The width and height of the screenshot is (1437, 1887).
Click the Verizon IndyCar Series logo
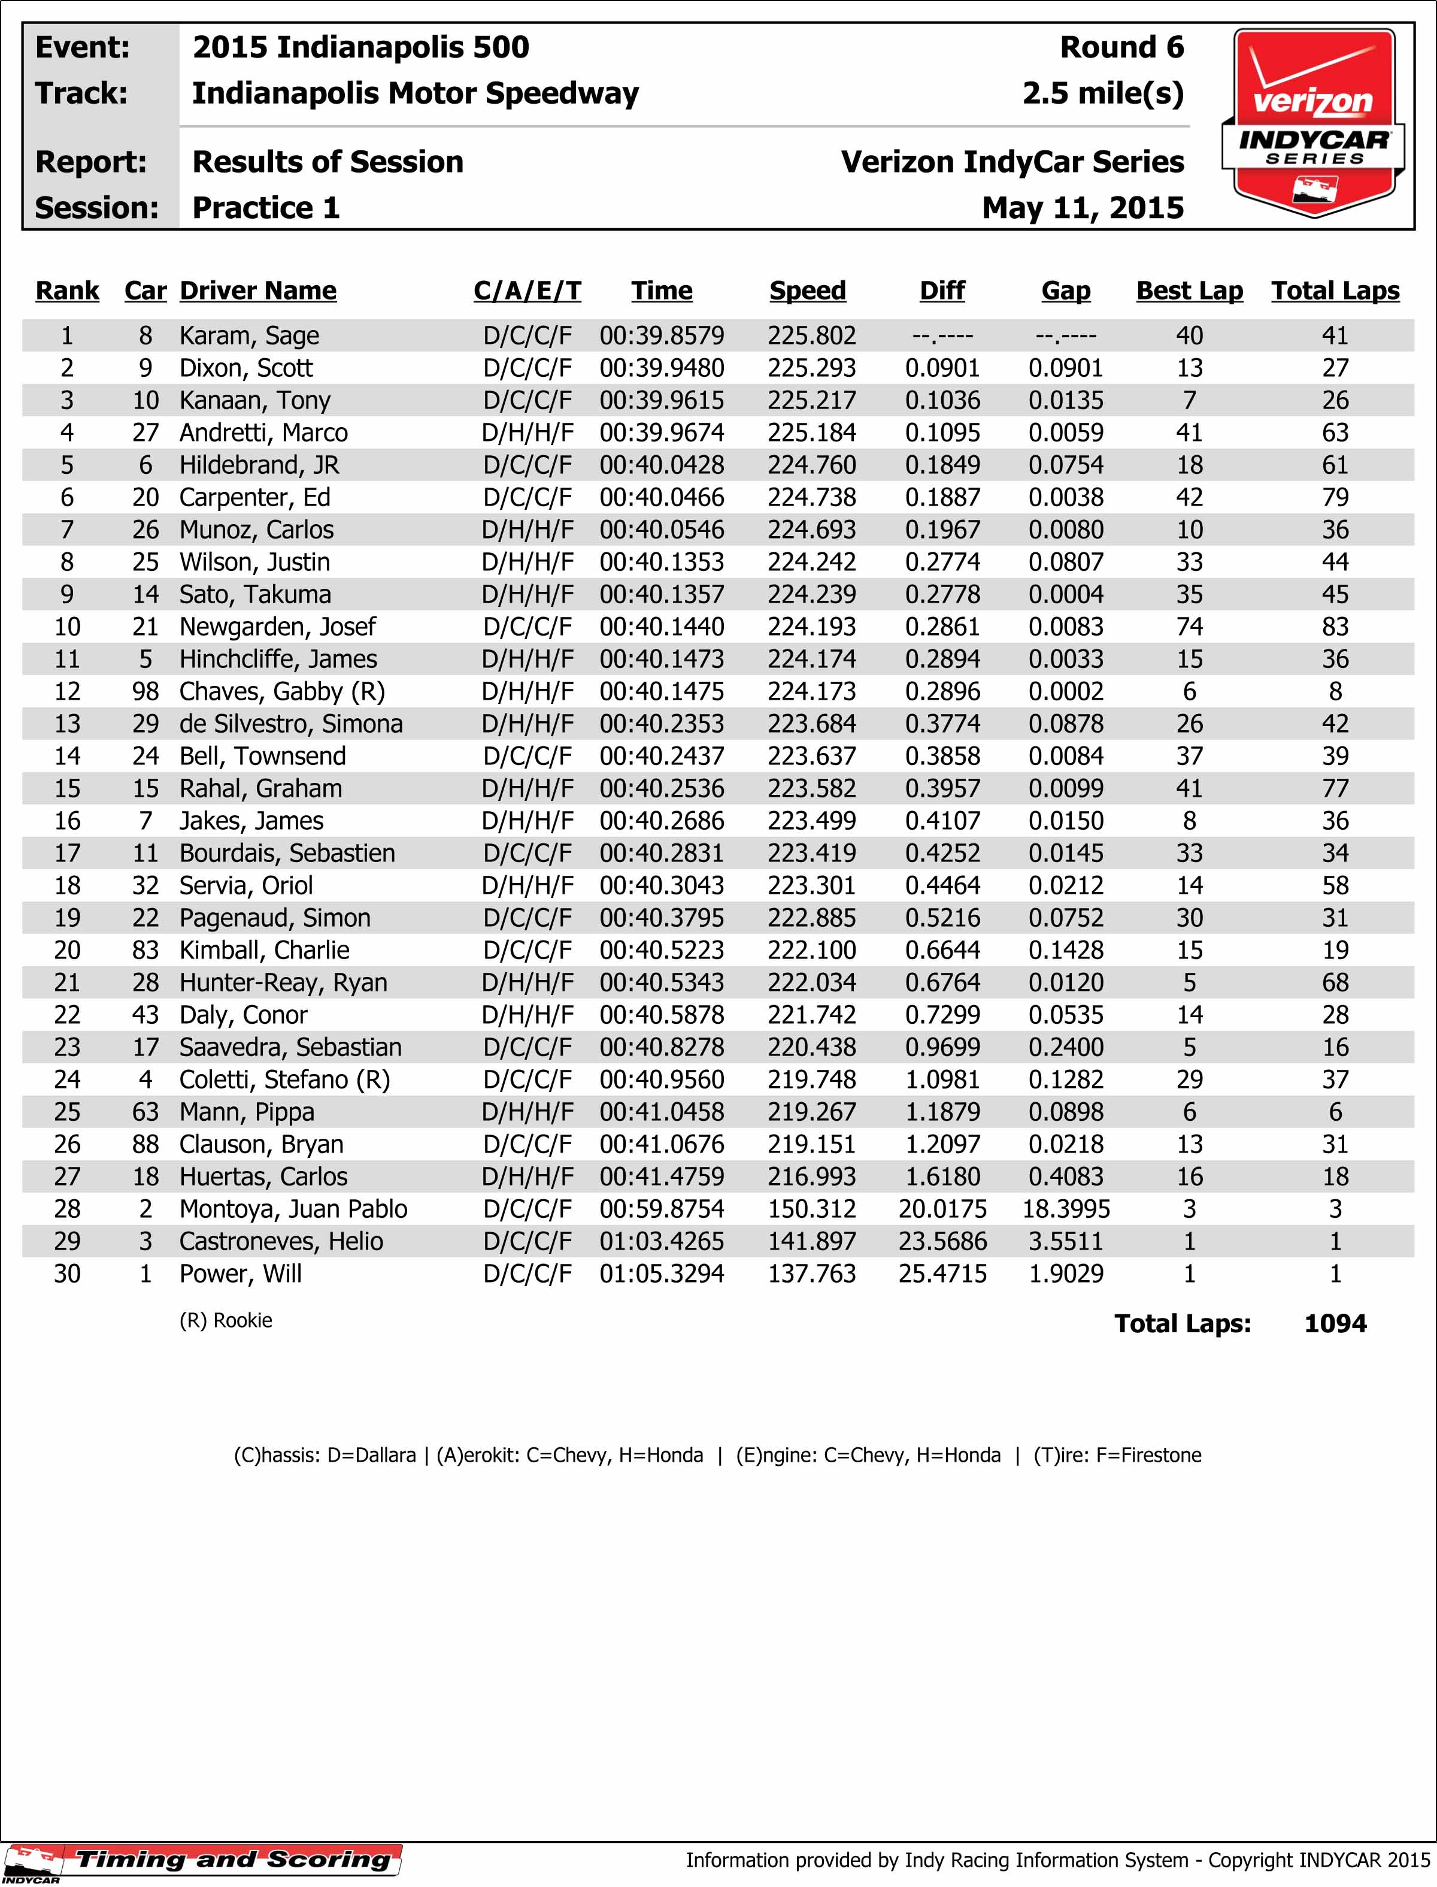pyautogui.click(x=1313, y=122)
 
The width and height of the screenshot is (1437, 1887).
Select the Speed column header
pyautogui.click(x=808, y=291)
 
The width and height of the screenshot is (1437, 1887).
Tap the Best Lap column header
pyautogui.click(x=1189, y=291)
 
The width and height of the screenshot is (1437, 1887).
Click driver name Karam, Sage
pyautogui.click(x=249, y=335)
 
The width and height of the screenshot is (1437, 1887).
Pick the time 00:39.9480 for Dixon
pyautogui.click(x=661, y=368)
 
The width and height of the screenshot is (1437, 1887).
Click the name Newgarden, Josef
pyautogui.click(x=277, y=627)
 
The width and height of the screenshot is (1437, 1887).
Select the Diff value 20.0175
pyautogui.click(x=942, y=1209)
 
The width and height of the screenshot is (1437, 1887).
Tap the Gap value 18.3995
pyautogui.click(x=1066, y=1209)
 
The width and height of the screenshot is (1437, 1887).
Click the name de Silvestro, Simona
pyautogui.click(x=291, y=724)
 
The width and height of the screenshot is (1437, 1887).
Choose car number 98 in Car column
pyautogui.click(x=145, y=691)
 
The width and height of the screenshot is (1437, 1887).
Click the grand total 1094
pyautogui.click(x=1335, y=1324)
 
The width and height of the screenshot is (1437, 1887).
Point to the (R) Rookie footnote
pyautogui.click(x=226, y=1320)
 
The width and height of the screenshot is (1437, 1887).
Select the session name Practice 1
pyautogui.click(x=266, y=208)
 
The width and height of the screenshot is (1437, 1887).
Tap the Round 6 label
pyautogui.click(x=1121, y=47)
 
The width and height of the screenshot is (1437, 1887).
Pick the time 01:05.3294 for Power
pyautogui.click(x=661, y=1274)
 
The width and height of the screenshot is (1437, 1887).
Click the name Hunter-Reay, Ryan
pyautogui.click(x=283, y=982)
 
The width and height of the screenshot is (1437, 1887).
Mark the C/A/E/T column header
pyautogui.click(x=527, y=291)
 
